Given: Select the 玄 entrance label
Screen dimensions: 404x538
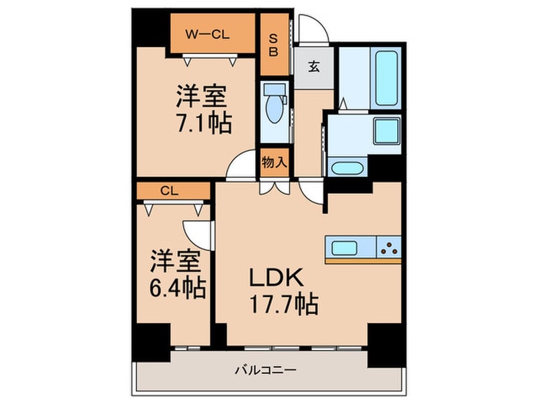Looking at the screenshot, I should (315, 65).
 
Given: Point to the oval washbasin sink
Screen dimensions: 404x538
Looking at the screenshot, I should (347, 167).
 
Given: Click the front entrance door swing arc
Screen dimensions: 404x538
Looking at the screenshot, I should (312, 28).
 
